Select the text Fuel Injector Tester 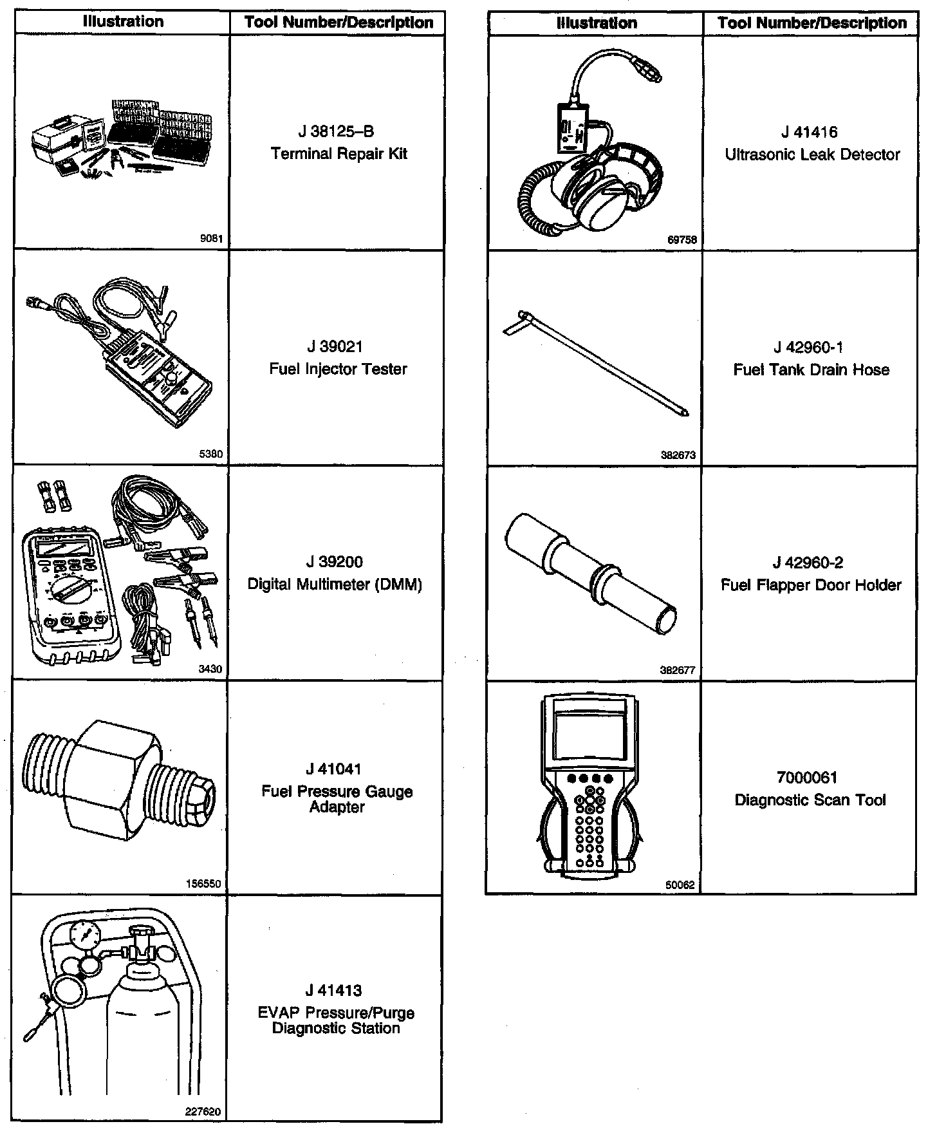click(x=338, y=370)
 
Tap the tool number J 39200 click(x=335, y=562)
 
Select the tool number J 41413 click(x=335, y=991)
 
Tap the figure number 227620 click(x=205, y=1112)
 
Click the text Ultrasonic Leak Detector click(x=812, y=155)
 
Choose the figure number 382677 click(x=678, y=670)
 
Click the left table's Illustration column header click(x=123, y=22)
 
